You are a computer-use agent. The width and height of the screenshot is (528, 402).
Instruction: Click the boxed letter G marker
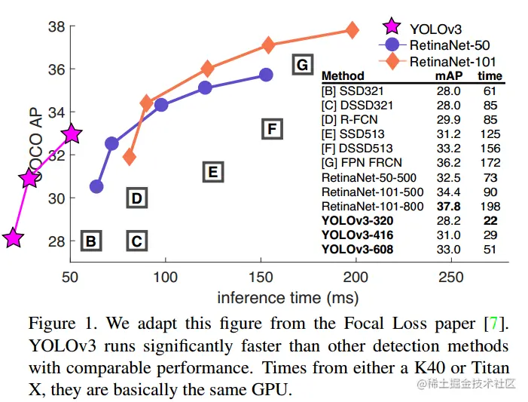[x=302, y=65]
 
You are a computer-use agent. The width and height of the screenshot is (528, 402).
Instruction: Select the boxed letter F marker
[x=273, y=129]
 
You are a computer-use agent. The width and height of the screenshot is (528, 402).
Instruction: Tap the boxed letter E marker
[x=213, y=173]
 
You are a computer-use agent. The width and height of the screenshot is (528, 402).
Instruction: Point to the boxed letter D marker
[x=136, y=198]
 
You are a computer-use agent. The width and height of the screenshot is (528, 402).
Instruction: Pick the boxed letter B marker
[x=91, y=241]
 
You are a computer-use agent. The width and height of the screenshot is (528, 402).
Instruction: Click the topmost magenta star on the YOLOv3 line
[x=71, y=134]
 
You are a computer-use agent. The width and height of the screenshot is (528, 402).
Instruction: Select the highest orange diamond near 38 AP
[x=352, y=30]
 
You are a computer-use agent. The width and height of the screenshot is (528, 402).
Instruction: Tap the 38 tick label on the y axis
[x=56, y=27]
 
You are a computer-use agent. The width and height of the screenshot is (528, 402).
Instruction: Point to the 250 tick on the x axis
[x=451, y=277]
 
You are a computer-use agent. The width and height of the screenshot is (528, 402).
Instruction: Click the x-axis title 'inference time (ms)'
[x=288, y=297]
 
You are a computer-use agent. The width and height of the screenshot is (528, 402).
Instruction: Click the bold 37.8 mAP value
[x=449, y=207]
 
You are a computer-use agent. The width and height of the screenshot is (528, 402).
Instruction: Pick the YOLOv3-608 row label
[x=357, y=249]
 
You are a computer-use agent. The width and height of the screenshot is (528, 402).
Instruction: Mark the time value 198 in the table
[x=490, y=207]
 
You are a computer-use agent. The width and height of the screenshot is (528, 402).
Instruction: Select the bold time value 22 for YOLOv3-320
[x=490, y=221]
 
